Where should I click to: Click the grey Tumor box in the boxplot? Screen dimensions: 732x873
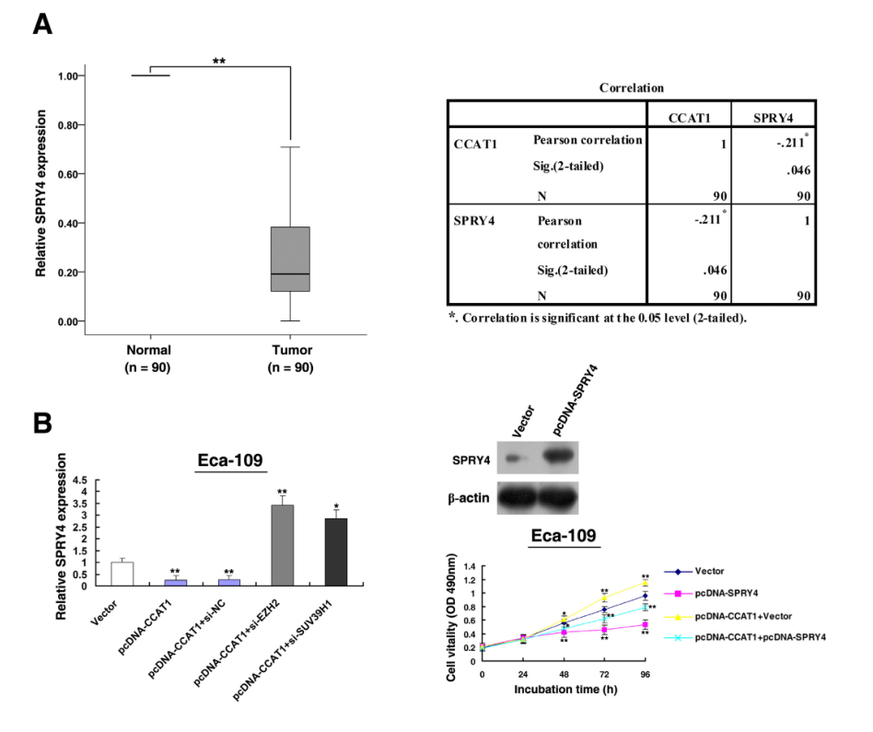290,259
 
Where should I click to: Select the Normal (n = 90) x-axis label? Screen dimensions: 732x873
149,357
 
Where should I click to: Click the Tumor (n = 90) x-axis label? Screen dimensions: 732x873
290,357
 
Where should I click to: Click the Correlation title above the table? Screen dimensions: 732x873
631,88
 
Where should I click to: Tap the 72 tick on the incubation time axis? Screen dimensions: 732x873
604,675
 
